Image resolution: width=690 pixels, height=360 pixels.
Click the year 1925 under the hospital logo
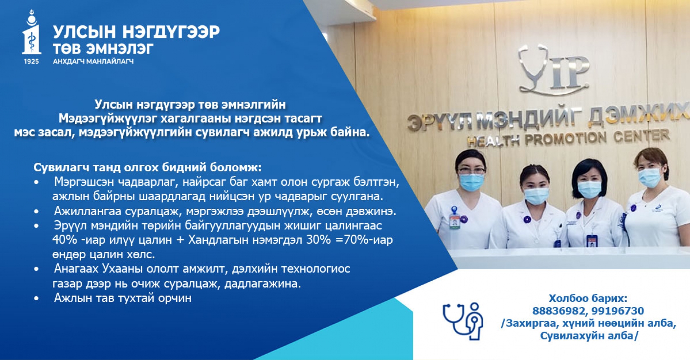pos(31,61)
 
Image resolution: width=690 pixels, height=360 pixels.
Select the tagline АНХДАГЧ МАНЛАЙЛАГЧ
pos(93,61)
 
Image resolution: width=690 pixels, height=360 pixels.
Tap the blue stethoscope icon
pos(463,321)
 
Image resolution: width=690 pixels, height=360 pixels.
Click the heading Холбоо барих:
pos(588,298)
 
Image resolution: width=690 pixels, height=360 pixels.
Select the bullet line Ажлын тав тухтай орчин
pos(123,298)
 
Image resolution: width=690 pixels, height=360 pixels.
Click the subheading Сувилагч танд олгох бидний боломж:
pos(148,167)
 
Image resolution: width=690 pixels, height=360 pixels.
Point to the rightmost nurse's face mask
pos(650,177)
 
